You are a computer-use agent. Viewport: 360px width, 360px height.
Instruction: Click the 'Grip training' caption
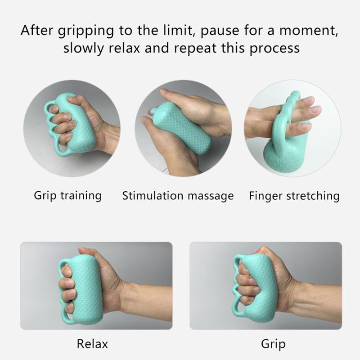68,196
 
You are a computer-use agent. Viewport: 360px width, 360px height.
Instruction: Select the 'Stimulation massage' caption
178,196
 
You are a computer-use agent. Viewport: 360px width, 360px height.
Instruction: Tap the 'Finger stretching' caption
294,196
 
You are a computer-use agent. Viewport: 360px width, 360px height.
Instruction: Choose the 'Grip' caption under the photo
274,344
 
